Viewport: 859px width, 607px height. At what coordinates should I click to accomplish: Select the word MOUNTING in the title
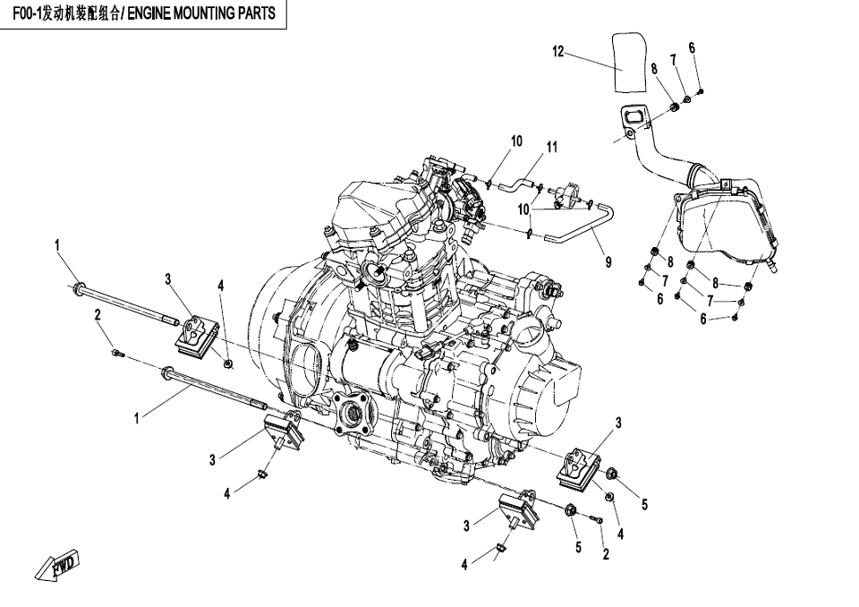pyautogui.click(x=207, y=14)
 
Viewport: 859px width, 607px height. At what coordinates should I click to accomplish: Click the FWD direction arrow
pyautogui.click(x=59, y=565)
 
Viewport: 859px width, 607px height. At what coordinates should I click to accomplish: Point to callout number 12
pyautogui.click(x=558, y=52)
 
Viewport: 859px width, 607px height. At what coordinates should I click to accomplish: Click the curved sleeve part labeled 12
pyautogui.click(x=631, y=61)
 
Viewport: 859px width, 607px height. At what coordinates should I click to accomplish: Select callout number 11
pyautogui.click(x=552, y=147)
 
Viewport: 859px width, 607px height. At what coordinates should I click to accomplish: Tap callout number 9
pyautogui.click(x=608, y=262)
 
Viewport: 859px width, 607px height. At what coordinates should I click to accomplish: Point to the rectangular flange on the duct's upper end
pyautogui.click(x=633, y=121)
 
